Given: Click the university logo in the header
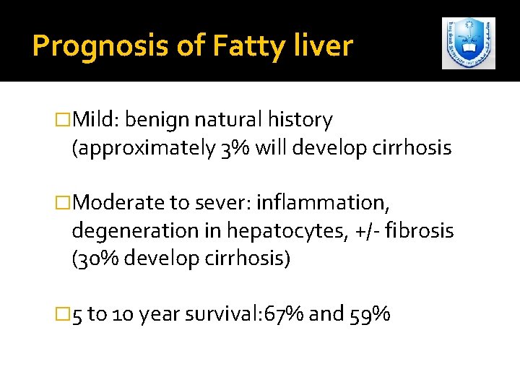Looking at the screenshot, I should (x=469, y=43).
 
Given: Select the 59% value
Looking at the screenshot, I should (x=372, y=314).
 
